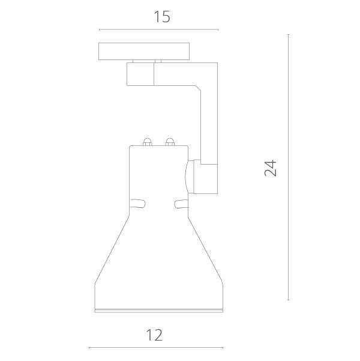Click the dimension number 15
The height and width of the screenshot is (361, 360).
pos(161,16)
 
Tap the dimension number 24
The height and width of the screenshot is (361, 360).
pos(271,168)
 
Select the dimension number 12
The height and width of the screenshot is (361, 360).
pos(154,335)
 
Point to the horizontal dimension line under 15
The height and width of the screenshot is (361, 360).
pos(158,29)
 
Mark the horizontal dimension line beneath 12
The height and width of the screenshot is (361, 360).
pos(156,348)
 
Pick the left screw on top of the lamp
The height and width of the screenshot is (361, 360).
pos(146,142)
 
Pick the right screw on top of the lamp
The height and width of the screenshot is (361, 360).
pos(169,142)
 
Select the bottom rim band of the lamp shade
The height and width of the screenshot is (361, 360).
pos(158,309)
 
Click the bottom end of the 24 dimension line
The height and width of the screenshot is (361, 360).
pos(289,300)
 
